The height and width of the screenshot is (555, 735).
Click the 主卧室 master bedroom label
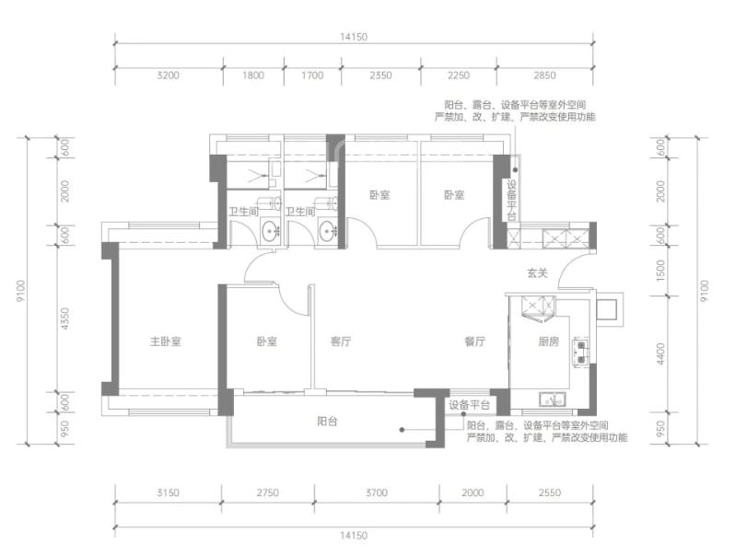[x=166, y=341]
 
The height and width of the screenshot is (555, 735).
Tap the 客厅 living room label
[x=341, y=341]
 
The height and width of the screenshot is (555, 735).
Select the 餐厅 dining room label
[x=475, y=341]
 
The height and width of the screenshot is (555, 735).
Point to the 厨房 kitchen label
[x=548, y=341]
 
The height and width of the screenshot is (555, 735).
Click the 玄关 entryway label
[x=537, y=272]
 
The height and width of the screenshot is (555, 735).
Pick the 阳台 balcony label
[x=327, y=422]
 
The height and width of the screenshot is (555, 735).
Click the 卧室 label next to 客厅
[x=267, y=341]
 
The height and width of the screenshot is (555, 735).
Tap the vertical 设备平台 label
[x=511, y=200]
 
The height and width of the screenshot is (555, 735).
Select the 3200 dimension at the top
[x=168, y=75]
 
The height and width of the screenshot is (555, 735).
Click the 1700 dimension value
[x=312, y=75]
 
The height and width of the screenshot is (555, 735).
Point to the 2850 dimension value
[x=544, y=75]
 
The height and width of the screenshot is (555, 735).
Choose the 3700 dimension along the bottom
[x=377, y=492]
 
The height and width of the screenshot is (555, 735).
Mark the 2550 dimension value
[x=549, y=492]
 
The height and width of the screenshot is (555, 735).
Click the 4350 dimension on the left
[x=64, y=318]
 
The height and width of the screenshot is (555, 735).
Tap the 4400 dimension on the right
[x=660, y=354]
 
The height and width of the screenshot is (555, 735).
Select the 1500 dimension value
[x=660, y=271]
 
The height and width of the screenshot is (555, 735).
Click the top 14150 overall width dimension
[x=354, y=37]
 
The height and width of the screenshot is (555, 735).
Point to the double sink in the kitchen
[x=581, y=353]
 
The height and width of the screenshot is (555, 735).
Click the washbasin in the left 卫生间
[x=270, y=231]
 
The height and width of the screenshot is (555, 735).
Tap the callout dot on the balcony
[x=402, y=430]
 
